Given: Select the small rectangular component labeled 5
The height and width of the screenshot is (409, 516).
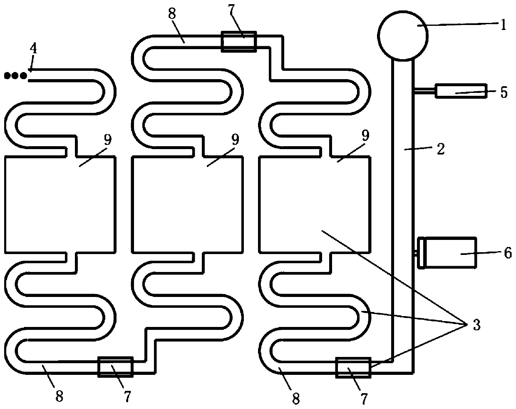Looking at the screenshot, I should (x=461, y=91).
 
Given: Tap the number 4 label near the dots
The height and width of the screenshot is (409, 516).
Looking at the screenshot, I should (x=33, y=49).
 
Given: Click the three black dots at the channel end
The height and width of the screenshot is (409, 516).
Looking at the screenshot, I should (x=15, y=75).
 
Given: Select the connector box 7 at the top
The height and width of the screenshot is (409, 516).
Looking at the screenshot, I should (x=238, y=41).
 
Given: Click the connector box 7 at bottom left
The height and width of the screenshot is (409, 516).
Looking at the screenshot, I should (x=115, y=367).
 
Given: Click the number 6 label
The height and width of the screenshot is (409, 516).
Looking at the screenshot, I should (x=508, y=253).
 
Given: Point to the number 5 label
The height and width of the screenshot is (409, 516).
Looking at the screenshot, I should (x=504, y=92).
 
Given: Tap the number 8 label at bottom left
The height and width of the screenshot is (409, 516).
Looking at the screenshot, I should (x=59, y=397).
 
